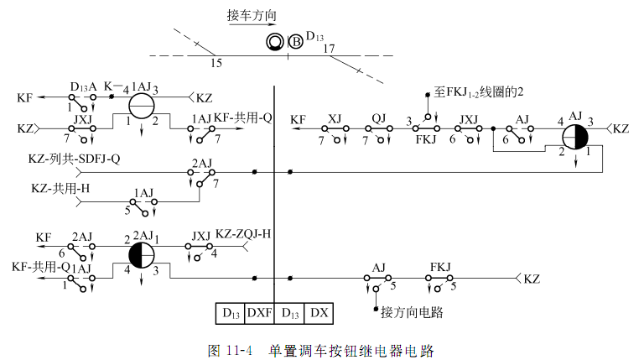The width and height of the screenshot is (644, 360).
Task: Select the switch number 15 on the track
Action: (x=216, y=63)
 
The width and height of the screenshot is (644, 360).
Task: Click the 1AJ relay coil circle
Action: (x=142, y=105)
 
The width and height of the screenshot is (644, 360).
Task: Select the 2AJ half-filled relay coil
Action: (x=141, y=254)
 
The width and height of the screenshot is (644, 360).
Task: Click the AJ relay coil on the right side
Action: (x=575, y=136)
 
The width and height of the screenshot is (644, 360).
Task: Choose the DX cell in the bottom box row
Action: (x=319, y=313)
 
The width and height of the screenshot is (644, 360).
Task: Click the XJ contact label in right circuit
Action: (x=335, y=118)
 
